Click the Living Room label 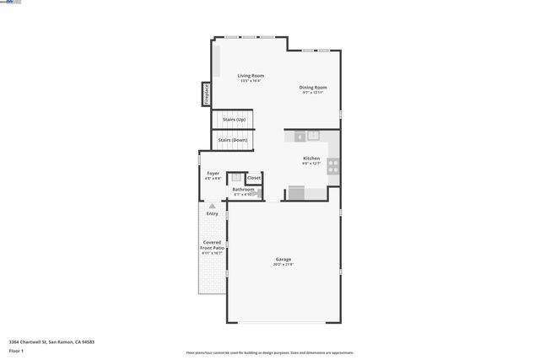tap(251, 76)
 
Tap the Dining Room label tap(313, 88)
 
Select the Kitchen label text tap(311, 159)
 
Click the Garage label tap(283, 259)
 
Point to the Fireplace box tap(206, 94)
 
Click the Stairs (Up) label tap(234, 120)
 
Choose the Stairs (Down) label tap(234, 140)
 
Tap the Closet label tap(253, 178)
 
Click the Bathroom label tap(243, 190)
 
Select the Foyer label tap(213, 174)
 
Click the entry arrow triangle tap(213, 206)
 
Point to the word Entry tap(213, 213)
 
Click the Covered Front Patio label tap(212, 245)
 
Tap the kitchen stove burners tap(333, 165)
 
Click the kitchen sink tap(312, 135)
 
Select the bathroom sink tap(236, 178)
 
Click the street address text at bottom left tap(51, 341)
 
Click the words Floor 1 tap(17, 350)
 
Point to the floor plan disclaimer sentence tap(270, 352)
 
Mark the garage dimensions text tap(283, 265)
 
